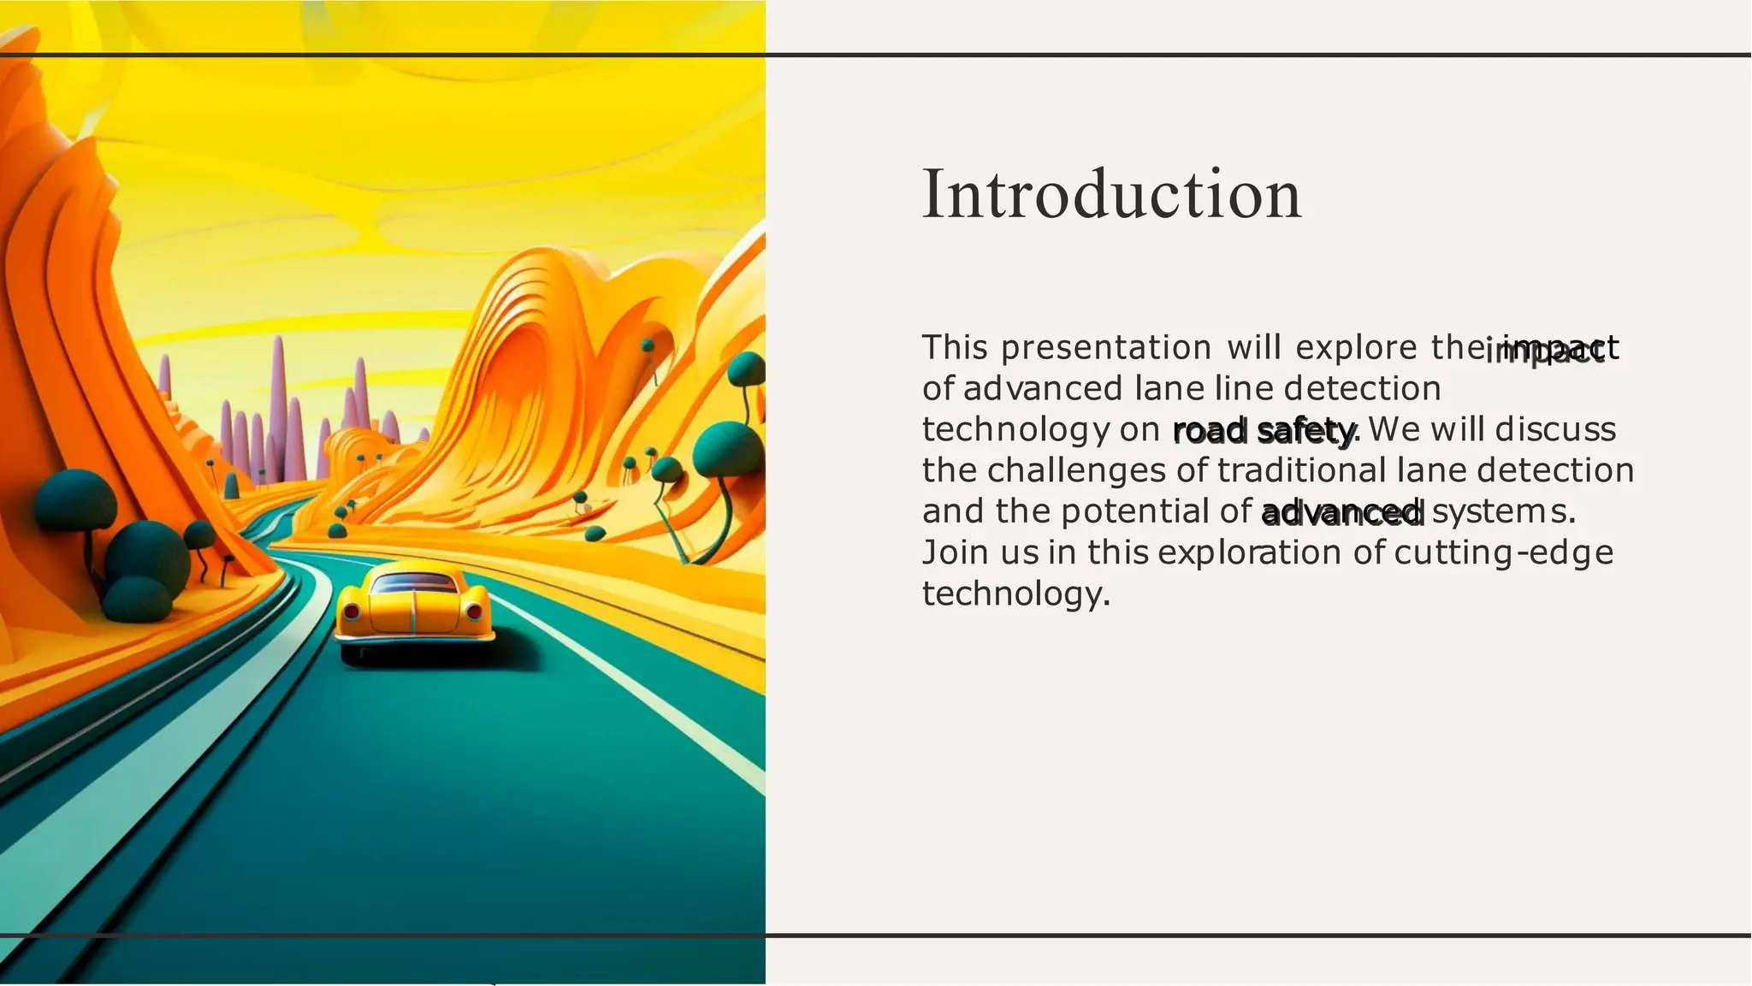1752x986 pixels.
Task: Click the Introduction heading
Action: [x=1110, y=195]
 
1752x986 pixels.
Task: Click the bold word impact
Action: [x=1550, y=349]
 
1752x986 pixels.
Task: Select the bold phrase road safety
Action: [x=1264, y=430]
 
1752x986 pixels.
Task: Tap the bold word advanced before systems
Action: [x=1341, y=512]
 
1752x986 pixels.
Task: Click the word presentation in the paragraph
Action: [x=1105, y=348]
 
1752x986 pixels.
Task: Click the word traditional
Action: [x=1301, y=470]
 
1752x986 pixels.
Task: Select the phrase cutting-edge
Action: [x=1503, y=552]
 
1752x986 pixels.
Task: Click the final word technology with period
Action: [x=1015, y=593]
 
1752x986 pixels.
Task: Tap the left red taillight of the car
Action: [x=351, y=611]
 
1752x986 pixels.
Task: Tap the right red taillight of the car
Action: [x=474, y=611]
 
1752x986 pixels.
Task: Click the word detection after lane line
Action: [x=1362, y=389]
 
